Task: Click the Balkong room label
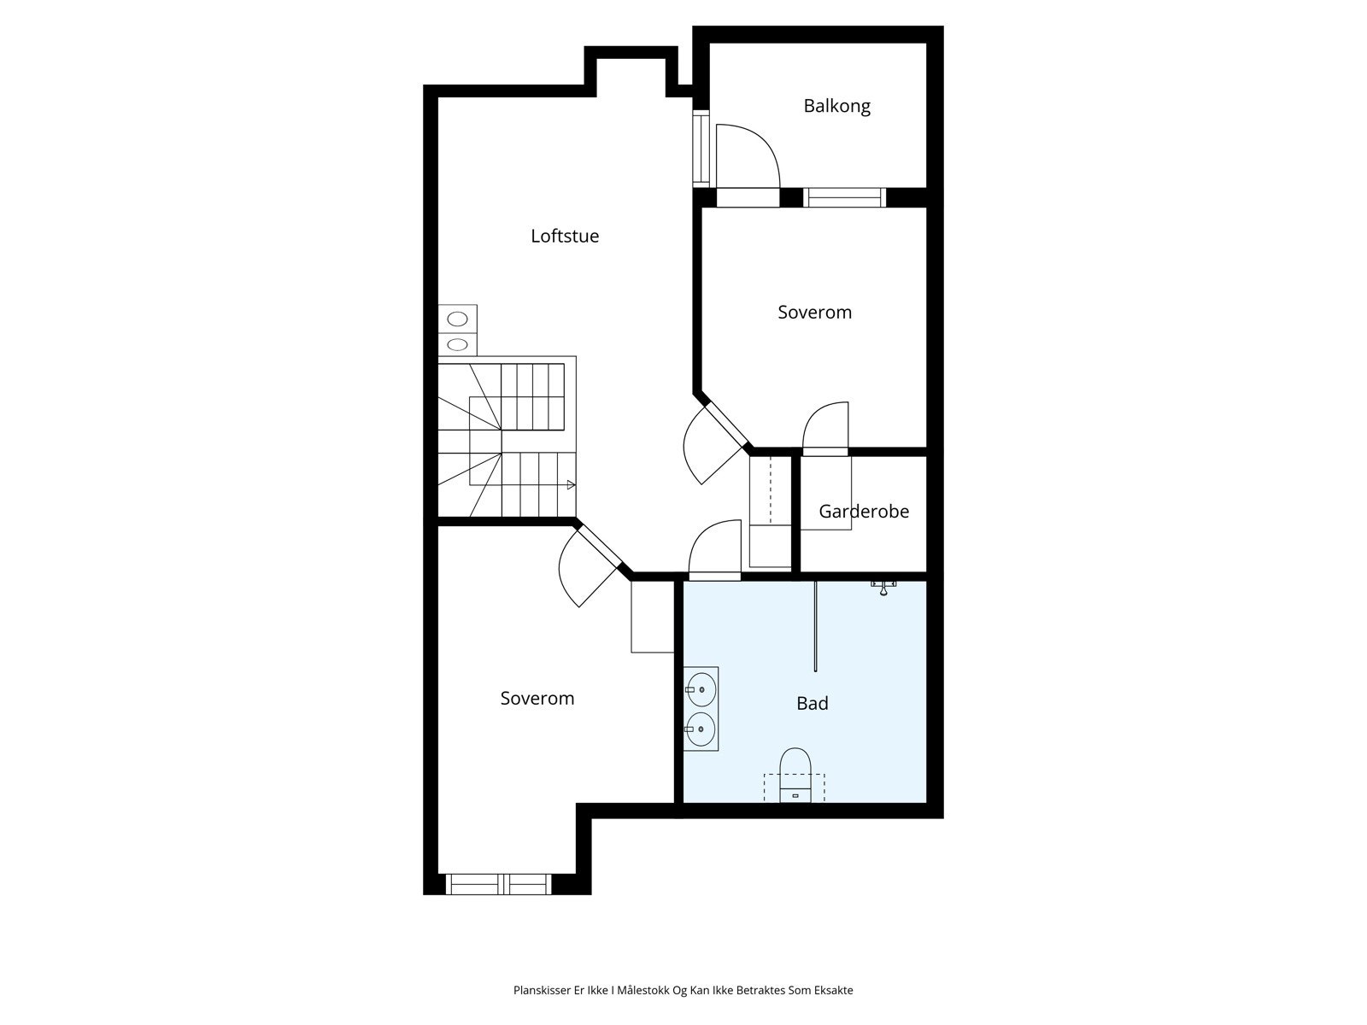coord(836,106)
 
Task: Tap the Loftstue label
coord(565,236)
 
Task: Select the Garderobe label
coord(864,511)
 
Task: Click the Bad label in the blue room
coord(813,703)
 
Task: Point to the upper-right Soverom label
coord(814,312)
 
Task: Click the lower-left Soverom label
coord(537,698)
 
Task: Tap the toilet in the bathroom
coord(795,774)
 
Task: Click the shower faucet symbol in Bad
coord(883,586)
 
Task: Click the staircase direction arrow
coord(571,485)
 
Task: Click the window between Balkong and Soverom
coord(844,197)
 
